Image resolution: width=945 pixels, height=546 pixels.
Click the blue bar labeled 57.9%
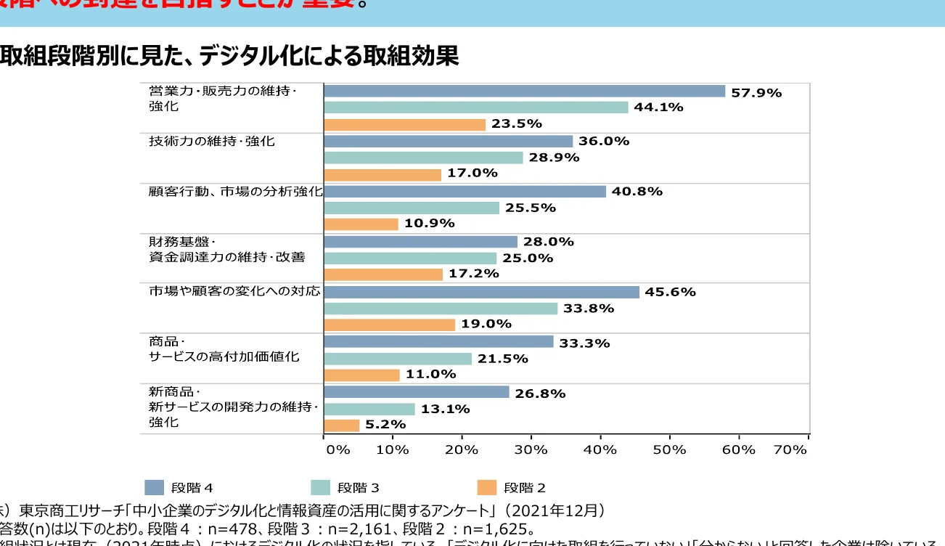(x=524, y=91)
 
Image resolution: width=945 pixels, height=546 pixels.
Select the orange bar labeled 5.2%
(x=341, y=425)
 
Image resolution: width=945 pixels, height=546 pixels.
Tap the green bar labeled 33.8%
(x=441, y=309)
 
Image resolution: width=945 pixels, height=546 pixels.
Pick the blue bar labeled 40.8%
(x=465, y=192)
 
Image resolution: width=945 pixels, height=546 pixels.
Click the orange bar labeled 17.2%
(x=382, y=274)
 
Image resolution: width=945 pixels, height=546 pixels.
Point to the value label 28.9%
(x=554, y=158)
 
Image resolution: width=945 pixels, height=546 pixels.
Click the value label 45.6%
(x=670, y=292)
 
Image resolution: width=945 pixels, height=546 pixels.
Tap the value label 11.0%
(x=430, y=375)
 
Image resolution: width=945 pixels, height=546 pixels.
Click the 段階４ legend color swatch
(x=155, y=487)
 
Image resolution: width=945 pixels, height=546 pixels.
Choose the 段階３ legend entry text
(x=358, y=487)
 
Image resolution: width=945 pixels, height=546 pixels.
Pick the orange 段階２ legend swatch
(x=486, y=487)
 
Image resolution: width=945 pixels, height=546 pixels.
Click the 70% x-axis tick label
(x=790, y=449)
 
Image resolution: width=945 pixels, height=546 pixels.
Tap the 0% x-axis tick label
(x=338, y=449)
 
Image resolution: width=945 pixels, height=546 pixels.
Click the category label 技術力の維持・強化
(x=212, y=142)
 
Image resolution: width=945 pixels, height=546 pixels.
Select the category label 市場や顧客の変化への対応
(x=234, y=292)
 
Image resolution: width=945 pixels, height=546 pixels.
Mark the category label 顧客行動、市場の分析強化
(x=235, y=192)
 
